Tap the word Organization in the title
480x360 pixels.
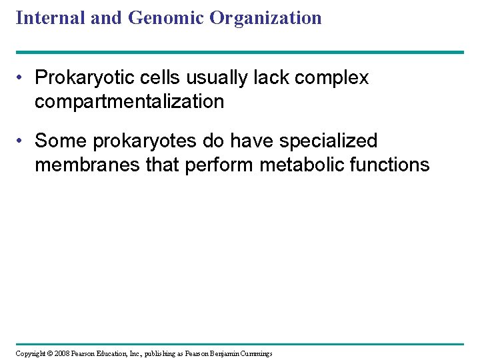[x=265, y=18]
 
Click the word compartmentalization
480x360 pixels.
[x=129, y=102]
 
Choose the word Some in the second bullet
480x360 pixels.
[x=61, y=141]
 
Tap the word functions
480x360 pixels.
[x=391, y=165]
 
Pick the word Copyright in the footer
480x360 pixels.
[x=29, y=353]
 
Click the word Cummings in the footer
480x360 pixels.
[x=255, y=353]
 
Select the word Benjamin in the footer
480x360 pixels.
[x=219, y=353]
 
